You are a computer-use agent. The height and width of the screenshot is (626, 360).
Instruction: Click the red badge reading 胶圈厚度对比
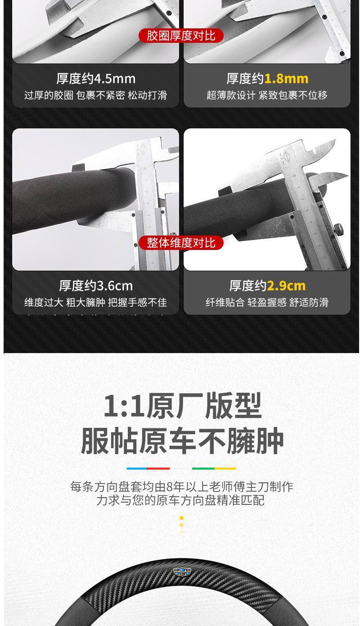click(x=181, y=36)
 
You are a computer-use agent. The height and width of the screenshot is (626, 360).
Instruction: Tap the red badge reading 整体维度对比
click(x=181, y=243)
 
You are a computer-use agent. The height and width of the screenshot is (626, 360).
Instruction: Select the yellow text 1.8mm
click(x=286, y=79)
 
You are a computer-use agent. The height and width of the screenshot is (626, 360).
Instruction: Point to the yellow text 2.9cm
click(x=286, y=286)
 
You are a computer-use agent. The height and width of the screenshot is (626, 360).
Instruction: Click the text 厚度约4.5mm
click(x=96, y=79)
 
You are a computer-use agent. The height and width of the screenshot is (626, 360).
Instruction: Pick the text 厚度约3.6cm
click(x=96, y=286)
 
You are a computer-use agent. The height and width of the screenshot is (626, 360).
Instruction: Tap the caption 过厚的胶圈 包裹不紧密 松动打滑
click(x=95, y=95)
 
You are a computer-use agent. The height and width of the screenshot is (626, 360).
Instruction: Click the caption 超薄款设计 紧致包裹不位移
click(x=267, y=95)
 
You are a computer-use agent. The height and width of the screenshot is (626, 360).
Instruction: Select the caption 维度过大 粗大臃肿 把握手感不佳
click(x=95, y=303)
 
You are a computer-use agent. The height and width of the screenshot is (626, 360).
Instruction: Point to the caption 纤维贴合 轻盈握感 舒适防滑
click(x=267, y=303)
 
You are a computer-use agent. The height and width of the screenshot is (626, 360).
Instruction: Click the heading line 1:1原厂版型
click(x=182, y=406)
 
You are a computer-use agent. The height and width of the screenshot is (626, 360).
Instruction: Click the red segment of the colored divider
click(x=159, y=468)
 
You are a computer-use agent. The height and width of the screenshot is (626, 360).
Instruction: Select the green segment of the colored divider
click(x=203, y=468)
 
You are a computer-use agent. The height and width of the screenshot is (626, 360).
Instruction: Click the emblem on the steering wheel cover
click(x=182, y=572)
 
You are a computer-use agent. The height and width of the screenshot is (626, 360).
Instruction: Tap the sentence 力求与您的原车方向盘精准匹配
click(x=180, y=500)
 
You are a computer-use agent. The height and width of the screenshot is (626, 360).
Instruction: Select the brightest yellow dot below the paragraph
click(x=181, y=518)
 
